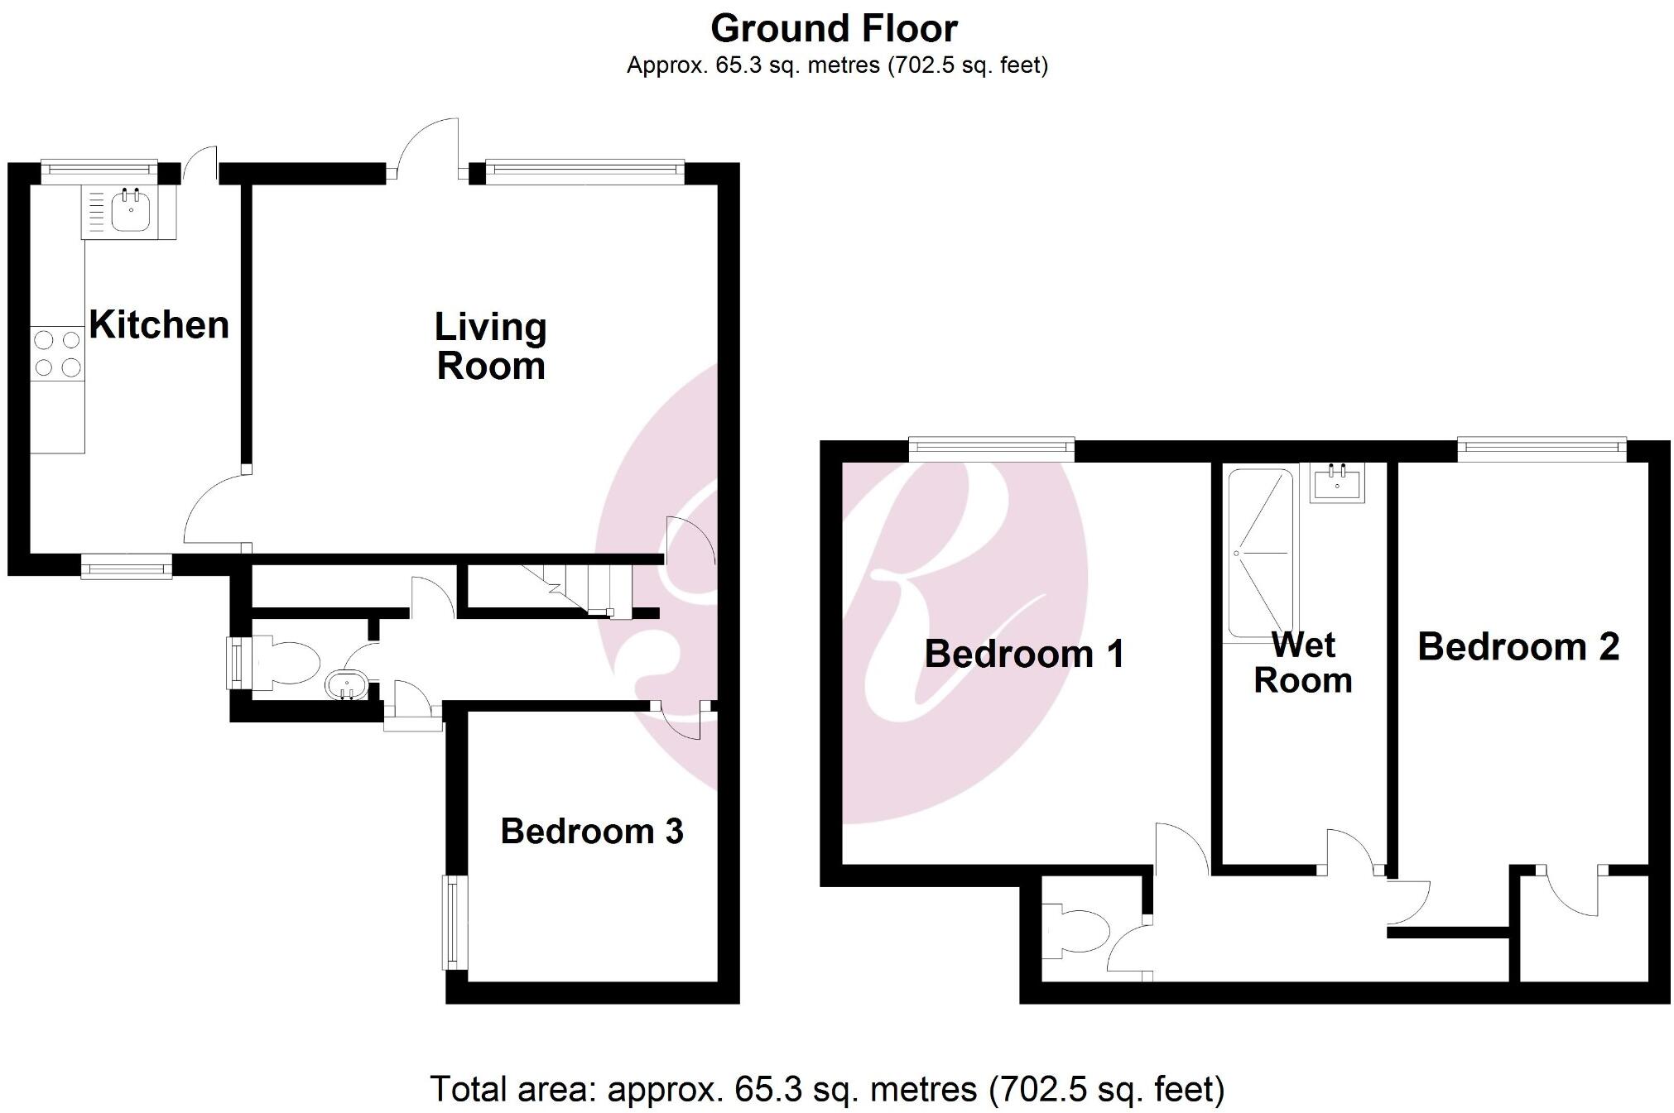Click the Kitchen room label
click(x=159, y=324)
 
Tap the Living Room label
click(x=491, y=347)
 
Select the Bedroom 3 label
click(x=592, y=832)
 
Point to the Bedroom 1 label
click(x=1024, y=655)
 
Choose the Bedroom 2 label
click(x=1518, y=647)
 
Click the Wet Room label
click(x=1303, y=663)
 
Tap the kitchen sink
click(x=129, y=210)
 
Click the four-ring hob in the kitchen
click(x=58, y=353)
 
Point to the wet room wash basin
click(x=1337, y=483)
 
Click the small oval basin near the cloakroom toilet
click(x=347, y=684)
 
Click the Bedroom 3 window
click(x=452, y=922)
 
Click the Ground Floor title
click(x=834, y=29)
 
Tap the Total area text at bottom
click(x=827, y=1089)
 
